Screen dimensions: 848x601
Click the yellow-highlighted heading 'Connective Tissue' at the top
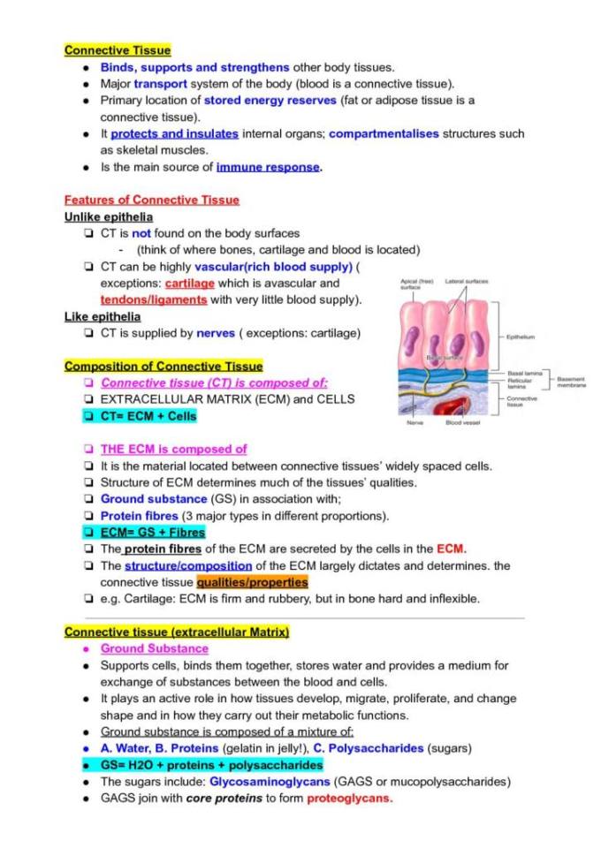point(118,50)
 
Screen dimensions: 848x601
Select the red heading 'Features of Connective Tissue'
point(152,200)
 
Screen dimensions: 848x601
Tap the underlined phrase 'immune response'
point(269,167)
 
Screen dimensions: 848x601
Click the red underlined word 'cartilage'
point(189,284)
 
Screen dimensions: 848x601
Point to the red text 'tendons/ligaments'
point(154,299)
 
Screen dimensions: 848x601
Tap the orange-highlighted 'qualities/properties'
point(252,582)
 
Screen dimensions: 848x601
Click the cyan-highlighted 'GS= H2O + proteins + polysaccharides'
point(211,765)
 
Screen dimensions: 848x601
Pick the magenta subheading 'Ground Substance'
point(154,648)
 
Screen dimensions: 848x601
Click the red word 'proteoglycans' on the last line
point(349,799)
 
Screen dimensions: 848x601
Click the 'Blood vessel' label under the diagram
point(462,423)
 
